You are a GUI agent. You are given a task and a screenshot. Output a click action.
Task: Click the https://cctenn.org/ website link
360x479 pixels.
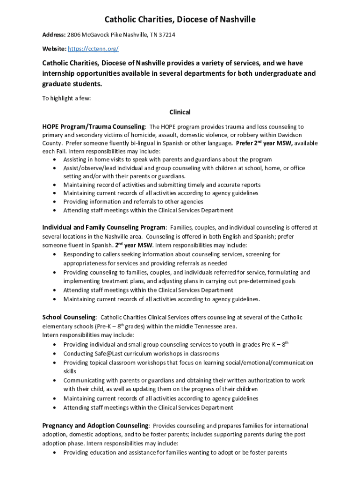(93, 49)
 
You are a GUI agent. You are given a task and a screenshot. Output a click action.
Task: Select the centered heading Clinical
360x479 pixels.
(180, 112)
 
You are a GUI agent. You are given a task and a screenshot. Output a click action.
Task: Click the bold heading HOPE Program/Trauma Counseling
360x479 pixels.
(94, 127)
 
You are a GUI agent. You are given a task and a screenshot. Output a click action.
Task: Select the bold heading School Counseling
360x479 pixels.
(69, 318)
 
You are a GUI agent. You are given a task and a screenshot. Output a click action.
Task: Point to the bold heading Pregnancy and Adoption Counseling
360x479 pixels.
(95, 426)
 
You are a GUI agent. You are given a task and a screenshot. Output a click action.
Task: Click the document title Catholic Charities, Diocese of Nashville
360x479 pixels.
(180, 20)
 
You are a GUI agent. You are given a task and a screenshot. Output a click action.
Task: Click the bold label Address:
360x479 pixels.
(54, 35)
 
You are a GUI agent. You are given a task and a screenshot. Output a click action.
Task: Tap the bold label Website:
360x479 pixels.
(54, 49)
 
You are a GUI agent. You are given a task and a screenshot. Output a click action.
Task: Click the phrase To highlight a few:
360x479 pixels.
(66, 99)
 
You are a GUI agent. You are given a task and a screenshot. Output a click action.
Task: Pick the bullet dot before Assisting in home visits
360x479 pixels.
(55, 160)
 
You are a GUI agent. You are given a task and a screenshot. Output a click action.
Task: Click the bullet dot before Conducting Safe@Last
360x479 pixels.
(55, 354)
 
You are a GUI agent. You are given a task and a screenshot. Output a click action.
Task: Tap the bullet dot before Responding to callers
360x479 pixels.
(55, 254)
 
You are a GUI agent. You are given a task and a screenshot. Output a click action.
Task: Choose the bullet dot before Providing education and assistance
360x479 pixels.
(55, 453)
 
